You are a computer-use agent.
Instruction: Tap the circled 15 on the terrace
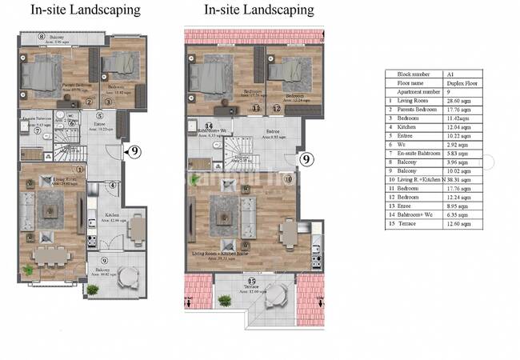(251, 282)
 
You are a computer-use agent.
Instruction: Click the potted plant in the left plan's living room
(30, 270)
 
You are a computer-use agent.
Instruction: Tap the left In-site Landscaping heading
(86, 10)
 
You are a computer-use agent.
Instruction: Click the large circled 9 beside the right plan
(306, 159)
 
